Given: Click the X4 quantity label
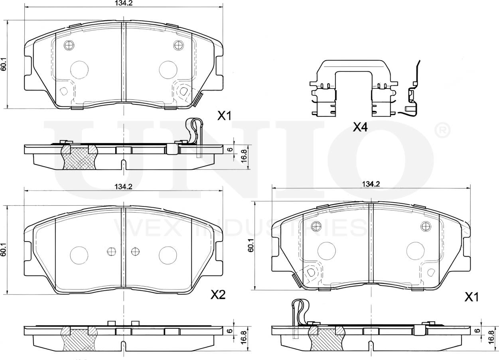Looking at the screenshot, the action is pyautogui.click(x=360, y=127).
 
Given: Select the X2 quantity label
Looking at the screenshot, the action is pyautogui.click(x=218, y=295).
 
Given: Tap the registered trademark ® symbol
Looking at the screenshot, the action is pyautogui.click(x=443, y=130).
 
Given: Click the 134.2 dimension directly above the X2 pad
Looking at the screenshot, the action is pyautogui.click(x=123, y=187).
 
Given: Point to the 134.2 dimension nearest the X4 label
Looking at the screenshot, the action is pyautogui.click(x=371, y=184).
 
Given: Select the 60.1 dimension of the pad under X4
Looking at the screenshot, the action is pyautogui.click(x=251, y=245).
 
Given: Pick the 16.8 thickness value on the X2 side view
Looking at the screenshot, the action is pyautogui.click(x=245, y=337).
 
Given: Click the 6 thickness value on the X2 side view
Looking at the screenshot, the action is pyautogui.click(x=231, y=331).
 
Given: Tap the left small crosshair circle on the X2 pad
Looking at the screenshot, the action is pyautogui.click(x=111, y=252).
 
